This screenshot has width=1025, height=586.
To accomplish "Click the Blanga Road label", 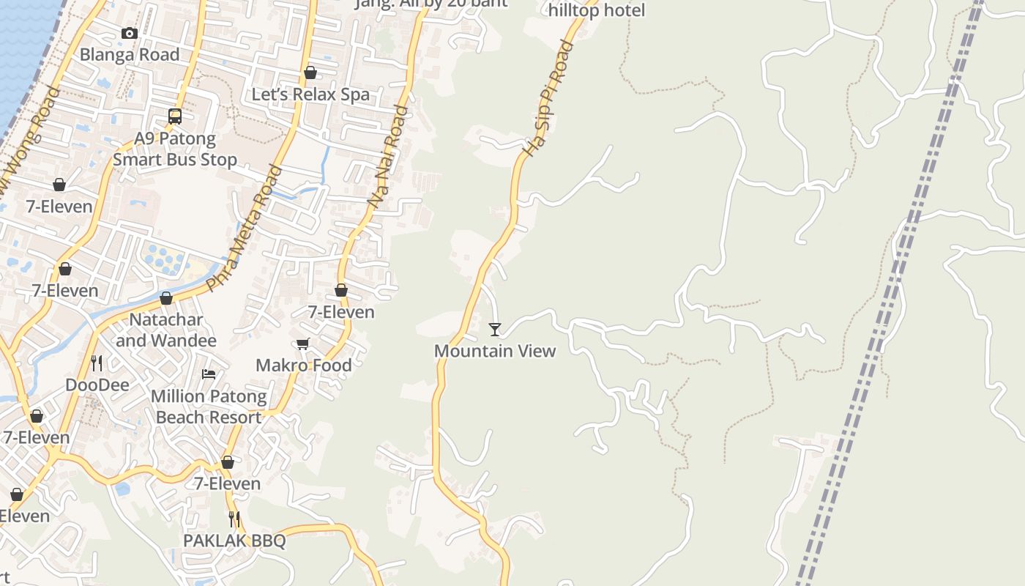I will pos(129,55).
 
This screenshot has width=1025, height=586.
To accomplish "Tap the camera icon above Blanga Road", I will pos(130,33).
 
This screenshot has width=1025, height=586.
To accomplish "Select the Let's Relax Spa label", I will pos(310,94).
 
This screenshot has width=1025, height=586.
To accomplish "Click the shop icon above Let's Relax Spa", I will pos(310,73).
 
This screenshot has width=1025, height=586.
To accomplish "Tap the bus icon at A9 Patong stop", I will pos(175,116).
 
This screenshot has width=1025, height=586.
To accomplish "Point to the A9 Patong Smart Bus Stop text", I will pos(175,149).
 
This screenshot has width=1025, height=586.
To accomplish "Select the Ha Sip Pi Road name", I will pos(548,98).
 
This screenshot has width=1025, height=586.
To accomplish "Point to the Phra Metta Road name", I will pos(245,229).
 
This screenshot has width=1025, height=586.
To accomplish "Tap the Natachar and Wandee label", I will pos(166,330).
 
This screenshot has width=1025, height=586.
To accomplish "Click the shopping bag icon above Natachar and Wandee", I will pos(166,298).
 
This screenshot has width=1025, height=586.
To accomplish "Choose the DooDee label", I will pos(97,385).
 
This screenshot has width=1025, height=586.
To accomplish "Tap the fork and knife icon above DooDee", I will pos(97,363).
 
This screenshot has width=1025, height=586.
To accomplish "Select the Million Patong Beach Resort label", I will pos(209,407).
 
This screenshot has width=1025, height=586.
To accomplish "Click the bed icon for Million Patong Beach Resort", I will pos(209,374).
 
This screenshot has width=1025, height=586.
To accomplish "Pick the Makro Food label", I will pos(303,365).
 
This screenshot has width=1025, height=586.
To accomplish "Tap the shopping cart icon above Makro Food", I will pos(303,344).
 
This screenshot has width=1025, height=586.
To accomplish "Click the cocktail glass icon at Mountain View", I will pos(495,329).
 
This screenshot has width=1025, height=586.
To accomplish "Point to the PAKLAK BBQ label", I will pos(234,541).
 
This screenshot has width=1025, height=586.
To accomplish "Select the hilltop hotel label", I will pos(597,10).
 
